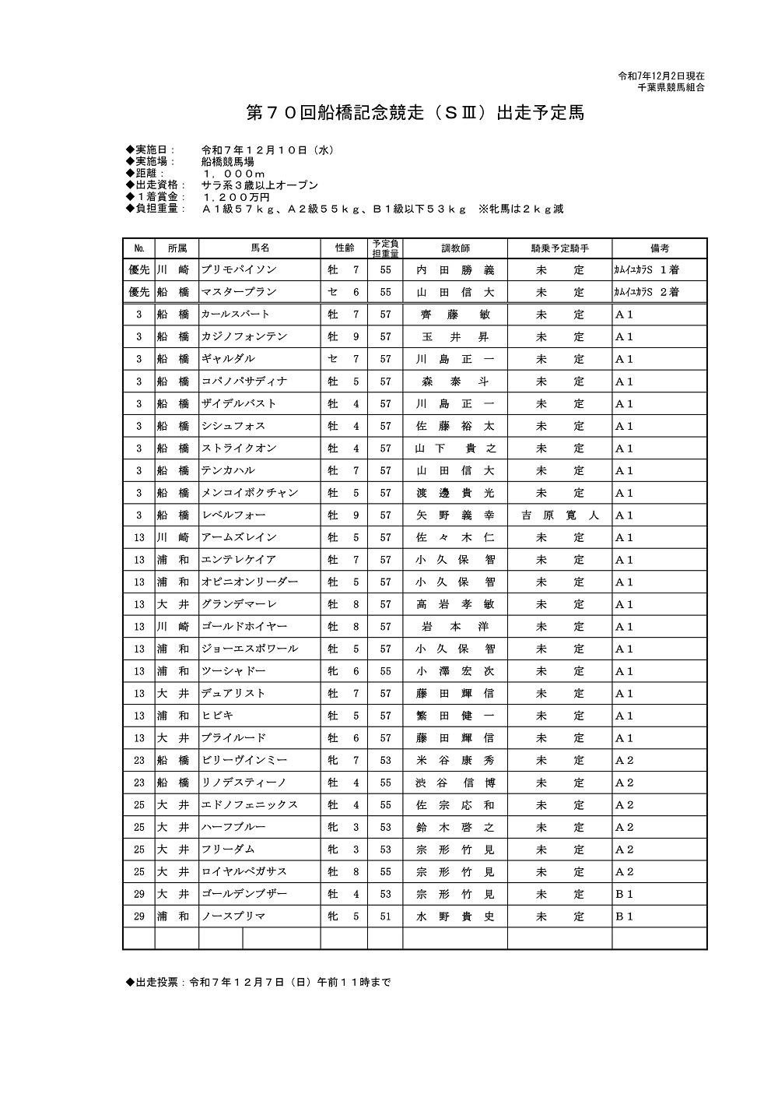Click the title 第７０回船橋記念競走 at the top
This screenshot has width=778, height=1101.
click(415, 114)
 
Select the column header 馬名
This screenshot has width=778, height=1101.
click(260, 248)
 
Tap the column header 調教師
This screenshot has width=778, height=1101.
click(455, 248)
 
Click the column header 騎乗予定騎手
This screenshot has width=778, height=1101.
click(560, 248)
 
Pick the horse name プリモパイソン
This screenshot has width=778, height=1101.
click(239, 270)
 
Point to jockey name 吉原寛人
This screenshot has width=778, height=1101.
click(560, 515)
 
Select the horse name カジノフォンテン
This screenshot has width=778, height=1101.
click(244, 337)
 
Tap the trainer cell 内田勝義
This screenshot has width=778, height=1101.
click(455, 270)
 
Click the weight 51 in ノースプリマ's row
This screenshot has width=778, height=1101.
click(385, 916)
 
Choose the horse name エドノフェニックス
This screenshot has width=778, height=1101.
click(250, 805)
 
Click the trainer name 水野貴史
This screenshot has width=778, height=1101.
click(455, 916)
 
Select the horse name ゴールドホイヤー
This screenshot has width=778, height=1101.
click(244, 627)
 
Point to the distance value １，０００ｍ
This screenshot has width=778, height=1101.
click(233, 174)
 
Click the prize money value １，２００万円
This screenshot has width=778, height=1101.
click(235, 198)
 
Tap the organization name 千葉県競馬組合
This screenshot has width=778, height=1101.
click(671, 88)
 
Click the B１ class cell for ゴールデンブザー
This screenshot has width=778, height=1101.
click(625, 895)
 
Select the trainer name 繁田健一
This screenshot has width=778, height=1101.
click(455, 716)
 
